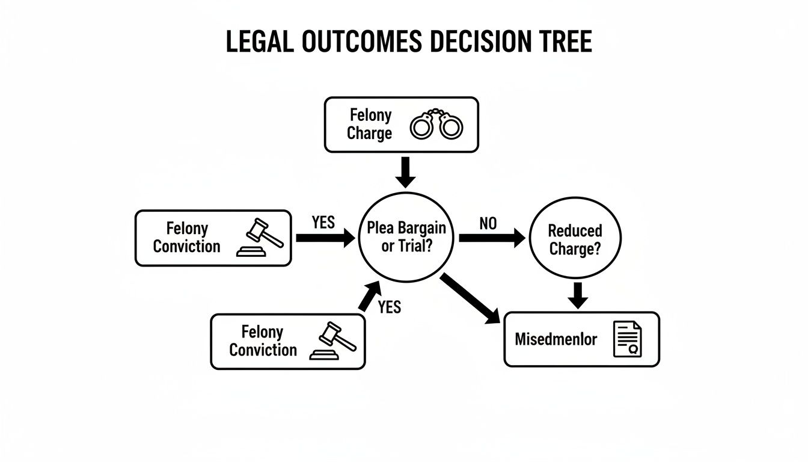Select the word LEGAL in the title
click(x=260, y=42)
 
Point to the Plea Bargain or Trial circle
click(x=406, y=238)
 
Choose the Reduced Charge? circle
click(x=574, y=239)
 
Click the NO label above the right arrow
click(x=488, y=223)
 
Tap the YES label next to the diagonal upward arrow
click(x=389, y=307)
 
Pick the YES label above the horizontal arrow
click(x=323, y=223)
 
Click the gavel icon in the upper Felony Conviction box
click(x=260, y=238)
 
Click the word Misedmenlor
click(x=555, y=339)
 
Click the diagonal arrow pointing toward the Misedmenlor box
click(x=470, y=299)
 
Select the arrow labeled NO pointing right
click(x=491, y=238)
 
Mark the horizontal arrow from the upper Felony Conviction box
click(x=325, y=238)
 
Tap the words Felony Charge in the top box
click(x=370, y=125)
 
